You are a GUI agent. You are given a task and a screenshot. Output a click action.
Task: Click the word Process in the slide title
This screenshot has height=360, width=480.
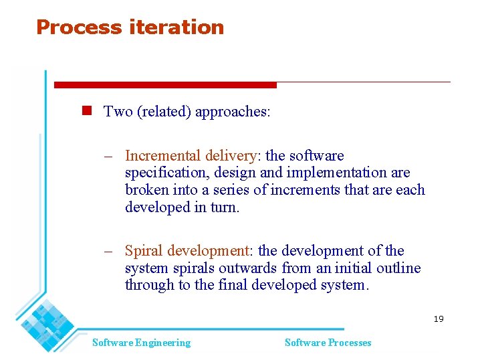(70, 27)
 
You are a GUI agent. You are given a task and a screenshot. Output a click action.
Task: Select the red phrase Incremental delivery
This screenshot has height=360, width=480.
(191, 156)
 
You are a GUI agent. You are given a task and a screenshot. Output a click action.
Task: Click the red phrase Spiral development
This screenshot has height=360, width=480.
(187, 251)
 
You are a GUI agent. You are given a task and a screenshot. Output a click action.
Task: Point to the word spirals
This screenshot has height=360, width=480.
(193, 268)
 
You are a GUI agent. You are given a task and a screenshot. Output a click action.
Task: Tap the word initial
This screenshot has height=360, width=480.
(345, 268)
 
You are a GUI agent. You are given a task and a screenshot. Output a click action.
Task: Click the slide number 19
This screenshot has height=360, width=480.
(438, 319)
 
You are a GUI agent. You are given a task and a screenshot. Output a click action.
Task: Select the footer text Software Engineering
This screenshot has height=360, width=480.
(141, 343)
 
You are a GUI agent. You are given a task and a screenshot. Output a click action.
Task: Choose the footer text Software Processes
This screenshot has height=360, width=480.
(328, 343)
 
